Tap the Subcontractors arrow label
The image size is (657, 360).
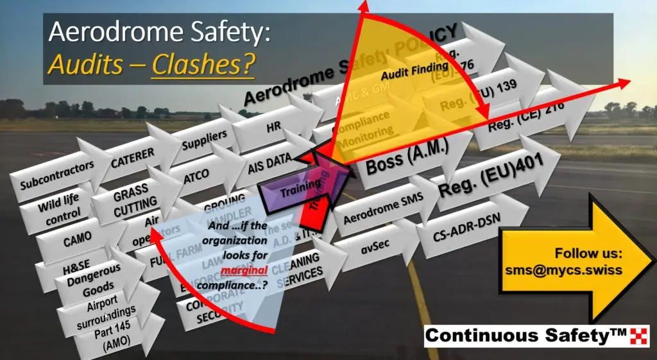pos(56,175)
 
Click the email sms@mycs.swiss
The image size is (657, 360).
pos(563,270)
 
